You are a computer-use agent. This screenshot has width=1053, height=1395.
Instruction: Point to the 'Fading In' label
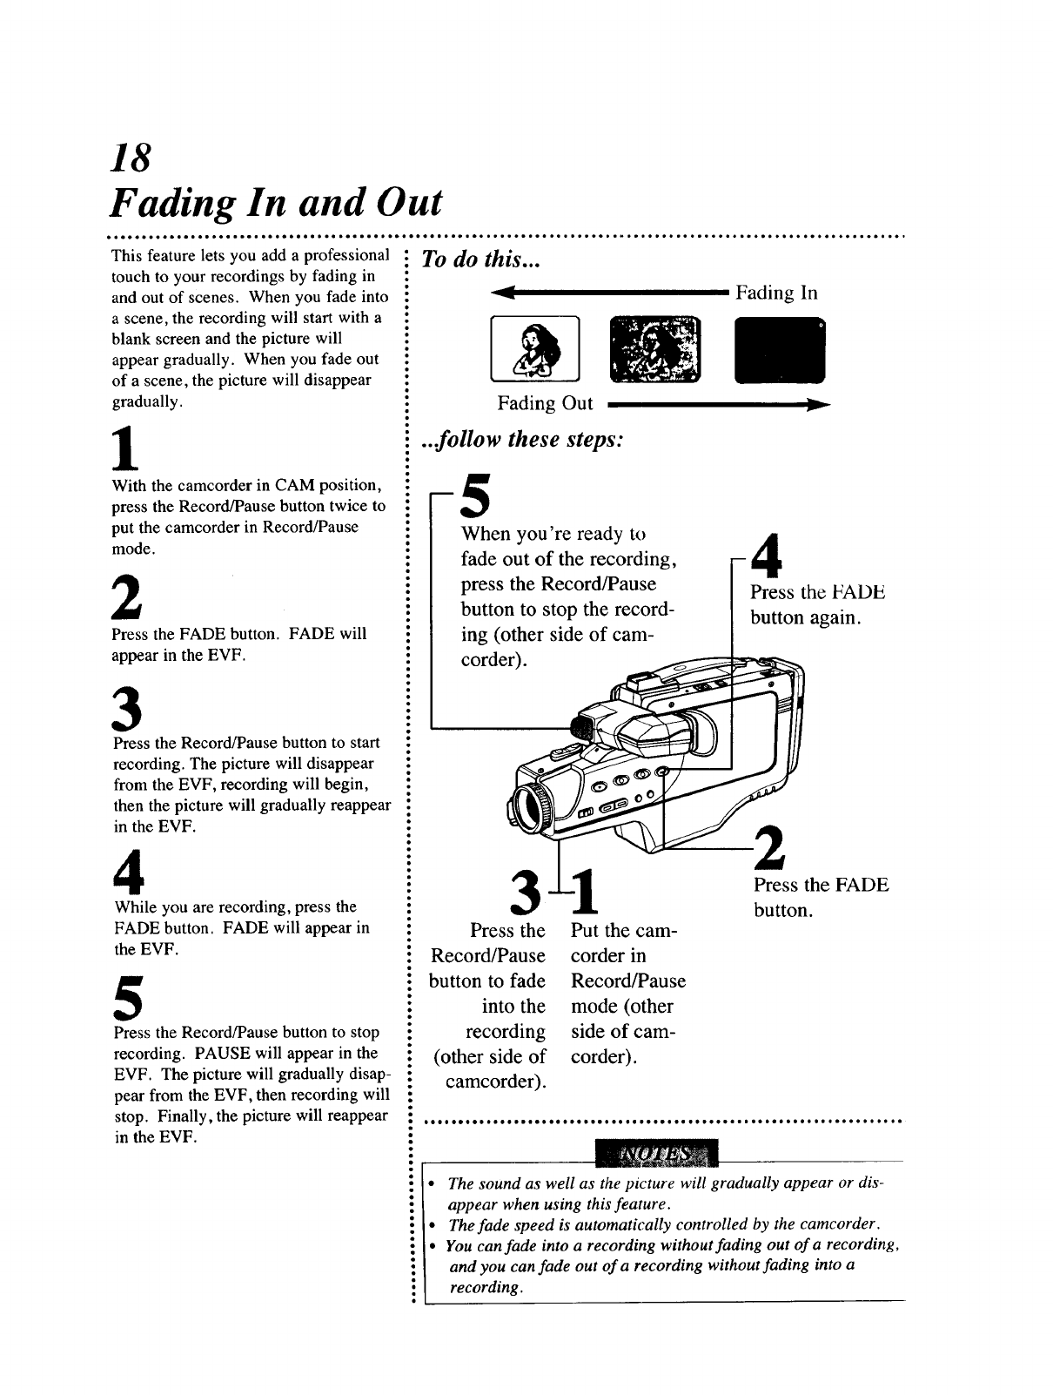pos(776,293)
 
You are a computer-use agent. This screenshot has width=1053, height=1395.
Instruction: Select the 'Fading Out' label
pos(545,403)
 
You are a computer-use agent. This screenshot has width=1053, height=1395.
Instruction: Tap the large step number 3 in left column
pos(127,709)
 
